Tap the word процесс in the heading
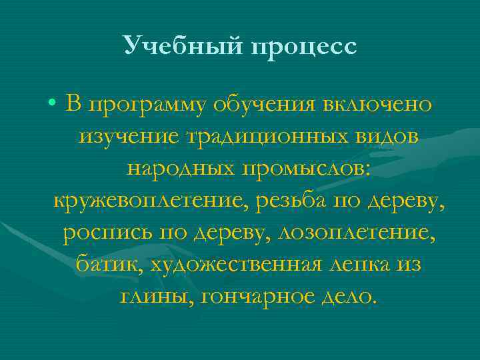click(x=305, y=48)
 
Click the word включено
click(x=377, y=105)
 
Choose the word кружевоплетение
click(x=147, y=201)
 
